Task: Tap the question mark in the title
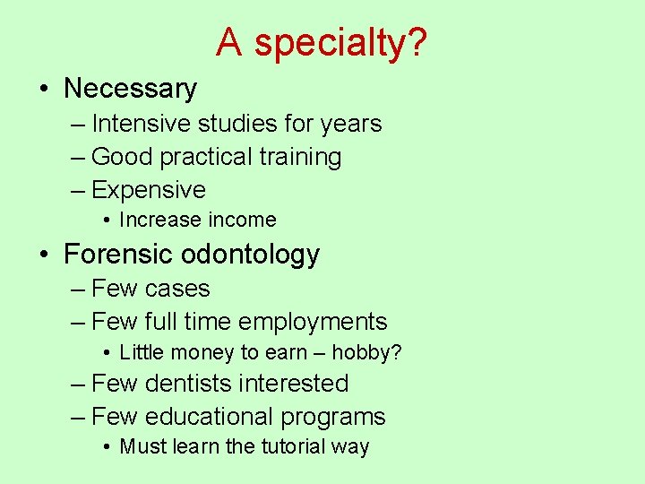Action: coord(418,42)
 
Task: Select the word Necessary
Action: coord(130,89)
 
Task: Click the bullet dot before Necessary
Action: coord(44,89)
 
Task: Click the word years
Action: coord(351,124)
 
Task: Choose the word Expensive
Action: coord(149,190)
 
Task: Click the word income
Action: coord(242,220)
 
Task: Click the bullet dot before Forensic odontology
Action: coord(44,255)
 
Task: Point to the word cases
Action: coord(176,289)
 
